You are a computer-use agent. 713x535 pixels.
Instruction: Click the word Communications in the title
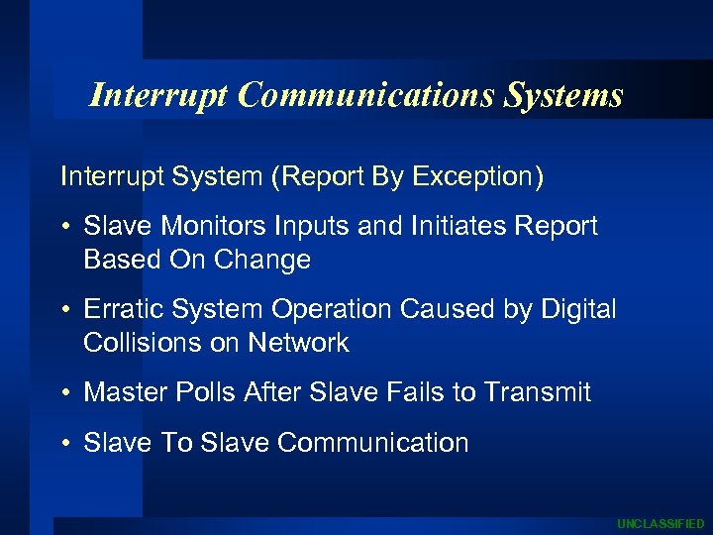click(367, 95)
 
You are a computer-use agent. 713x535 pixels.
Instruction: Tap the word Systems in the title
click(563, 95)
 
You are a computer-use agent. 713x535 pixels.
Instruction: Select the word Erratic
click(124, 310)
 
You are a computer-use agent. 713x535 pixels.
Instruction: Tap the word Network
click(300, 343)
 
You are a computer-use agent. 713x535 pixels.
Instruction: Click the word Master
click(123, 392)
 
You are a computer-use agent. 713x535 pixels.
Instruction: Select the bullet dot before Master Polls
click(64, 393)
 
